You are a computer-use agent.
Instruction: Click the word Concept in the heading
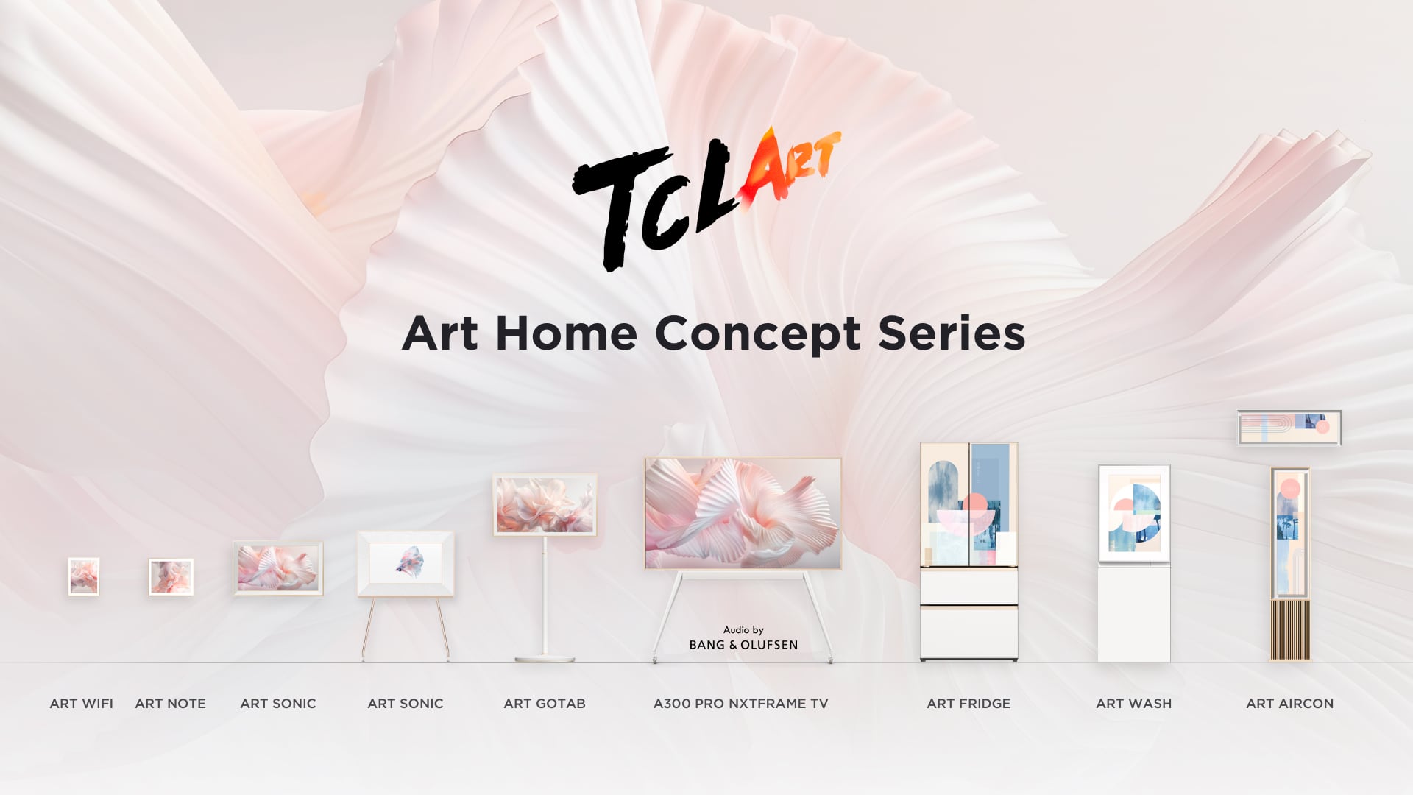pyautogui.click(x=757, y=333)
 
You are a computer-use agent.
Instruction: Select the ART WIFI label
pyautogui.click(x=81, y=704)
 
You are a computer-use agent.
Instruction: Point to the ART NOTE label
pyautogui.click(x=170, y=704)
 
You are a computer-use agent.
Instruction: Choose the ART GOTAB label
pyautogui.click(x=545, y=704)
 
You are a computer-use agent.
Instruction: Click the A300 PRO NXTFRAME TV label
pyautogui.click(x=740, y=704)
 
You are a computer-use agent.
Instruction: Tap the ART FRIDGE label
pyautogui.click(x=968, y=704)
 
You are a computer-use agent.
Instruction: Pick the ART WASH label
pyautogui.click(x=1133, y=704)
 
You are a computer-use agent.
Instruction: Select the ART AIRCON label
pyautogui.click(x=1289, y=704)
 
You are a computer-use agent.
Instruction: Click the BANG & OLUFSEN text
pyautogui.click(x=743, y=645)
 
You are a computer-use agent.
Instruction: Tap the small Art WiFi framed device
pyautogui.click(x=84, y=576)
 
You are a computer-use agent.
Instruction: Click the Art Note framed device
pyautogui.click(x=171, y=577)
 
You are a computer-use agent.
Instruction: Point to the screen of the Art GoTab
pyautogui.click(x=545, y=504)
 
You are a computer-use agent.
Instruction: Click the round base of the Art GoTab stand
pyautogui.click(x=544, y=658)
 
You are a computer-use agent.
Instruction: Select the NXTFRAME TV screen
pyautogui.click(x=743, y=513)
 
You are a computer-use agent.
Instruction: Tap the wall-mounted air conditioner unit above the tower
pyautogui.click(x=1289, y=428)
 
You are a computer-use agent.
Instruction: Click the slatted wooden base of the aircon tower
pyautogui.click(x=1290, y=629)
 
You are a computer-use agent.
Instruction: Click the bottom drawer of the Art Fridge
pyautogui.click(x=968, y=633)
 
